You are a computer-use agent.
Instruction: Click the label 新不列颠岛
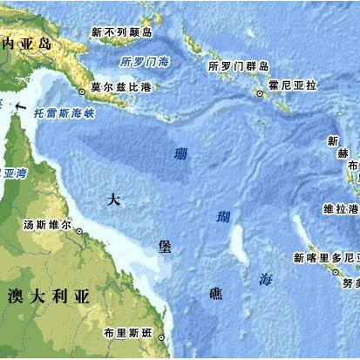coord(122,32)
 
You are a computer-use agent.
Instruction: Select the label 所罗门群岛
coord(239,66)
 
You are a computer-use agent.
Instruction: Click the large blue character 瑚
coord(225,216)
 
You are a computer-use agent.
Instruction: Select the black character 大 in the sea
coord(112,199)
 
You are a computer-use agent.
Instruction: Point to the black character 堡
coord(165,246)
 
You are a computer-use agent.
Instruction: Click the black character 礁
coord(215,294)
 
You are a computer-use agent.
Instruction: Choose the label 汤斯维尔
coord(47,224)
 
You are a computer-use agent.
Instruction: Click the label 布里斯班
coord(126,333)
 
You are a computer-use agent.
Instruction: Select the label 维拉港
coord(341,209)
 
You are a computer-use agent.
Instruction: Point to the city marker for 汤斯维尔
coord(79,232)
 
